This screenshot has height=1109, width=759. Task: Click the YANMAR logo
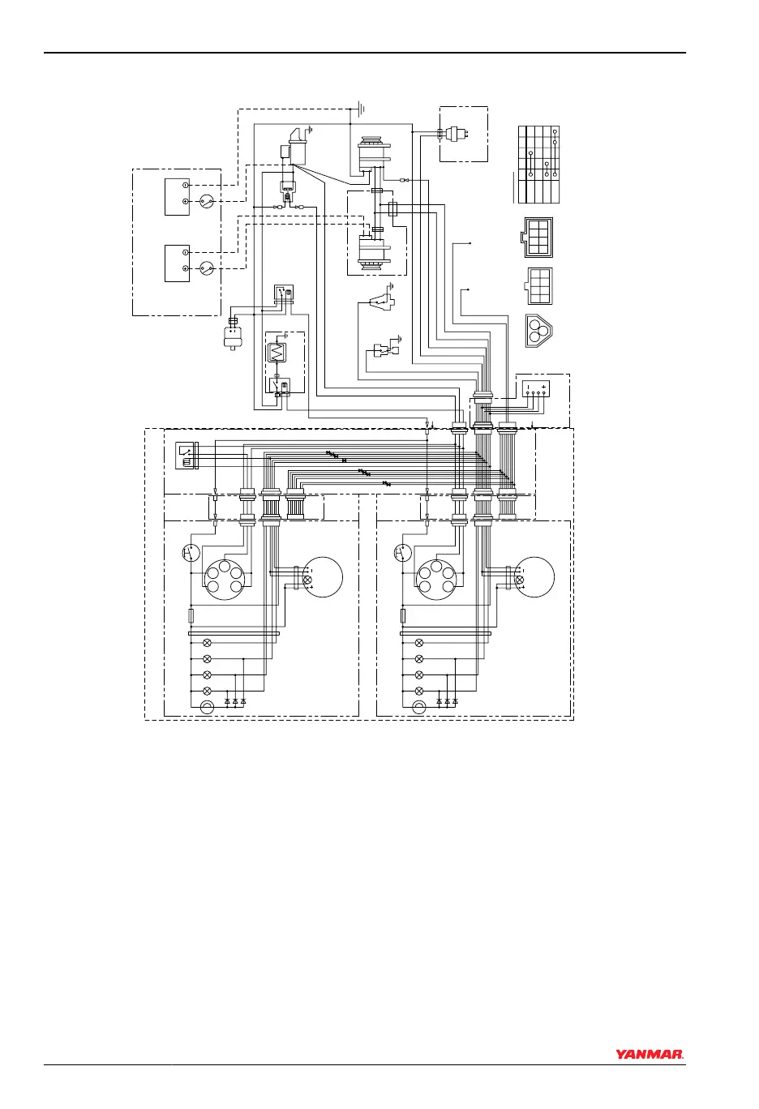(x=650, y=1055)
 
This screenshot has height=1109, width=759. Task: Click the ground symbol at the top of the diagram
(x=362, y=107)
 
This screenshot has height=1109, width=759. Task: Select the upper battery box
(x=177, y=195)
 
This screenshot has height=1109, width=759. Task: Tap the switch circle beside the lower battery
(x=207, y=268)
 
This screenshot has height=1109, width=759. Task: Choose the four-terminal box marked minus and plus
(x=535, y=388)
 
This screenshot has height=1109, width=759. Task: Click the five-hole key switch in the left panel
(x=225, y=579)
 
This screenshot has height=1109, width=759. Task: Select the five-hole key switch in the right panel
(x=436, y=579)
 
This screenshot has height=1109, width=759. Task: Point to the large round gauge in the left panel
(x=322, y=577)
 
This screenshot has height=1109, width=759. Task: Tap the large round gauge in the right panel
(x=534, y=577)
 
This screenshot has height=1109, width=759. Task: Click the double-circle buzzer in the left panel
(x=207, y=708)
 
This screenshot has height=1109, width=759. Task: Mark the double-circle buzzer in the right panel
(x=419, y=708)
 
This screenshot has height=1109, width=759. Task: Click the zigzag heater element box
(x=277, y=353)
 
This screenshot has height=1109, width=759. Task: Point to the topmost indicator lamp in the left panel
(x=207, y=642)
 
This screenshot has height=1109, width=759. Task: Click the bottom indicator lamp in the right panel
(x=419, y=691)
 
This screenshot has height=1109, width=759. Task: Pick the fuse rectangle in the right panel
(x=403, y=616)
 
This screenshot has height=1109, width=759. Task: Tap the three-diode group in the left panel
(x=235, y=700)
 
